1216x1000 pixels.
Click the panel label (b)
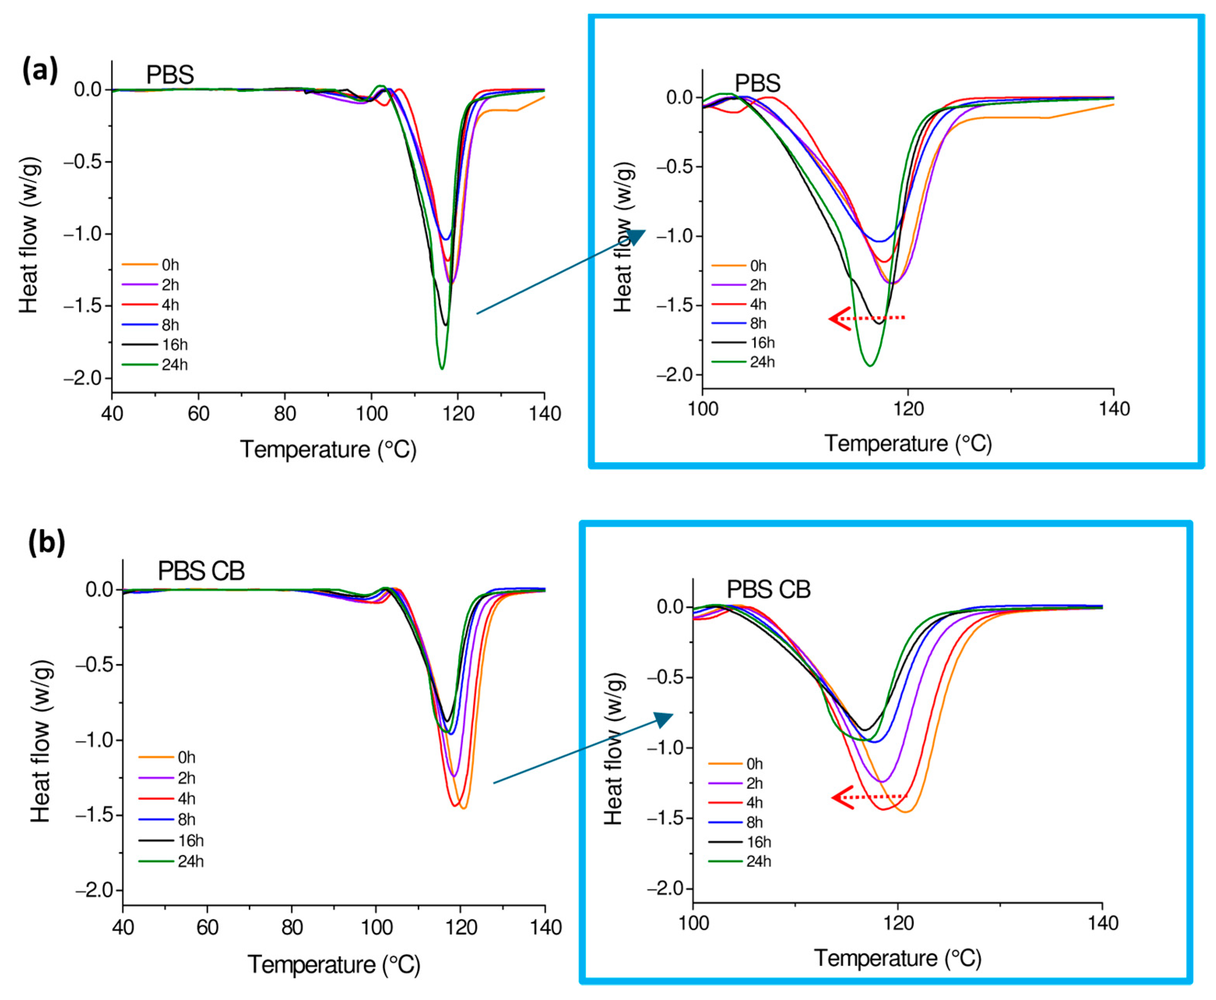pyautogui.click(x=46, y=542)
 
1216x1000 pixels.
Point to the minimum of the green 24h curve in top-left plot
pyautogui.click(x=442, y=368)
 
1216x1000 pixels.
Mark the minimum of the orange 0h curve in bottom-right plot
pyautogui.click(x=905, y=812)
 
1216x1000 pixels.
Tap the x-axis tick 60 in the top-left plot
pyautogui.click(x=198, y=414)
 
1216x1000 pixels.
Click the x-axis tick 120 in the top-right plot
pyautogui.click(x=908, y=409)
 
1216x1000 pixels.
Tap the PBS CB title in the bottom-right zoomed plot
pyautogui.click(x=768, y=589)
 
